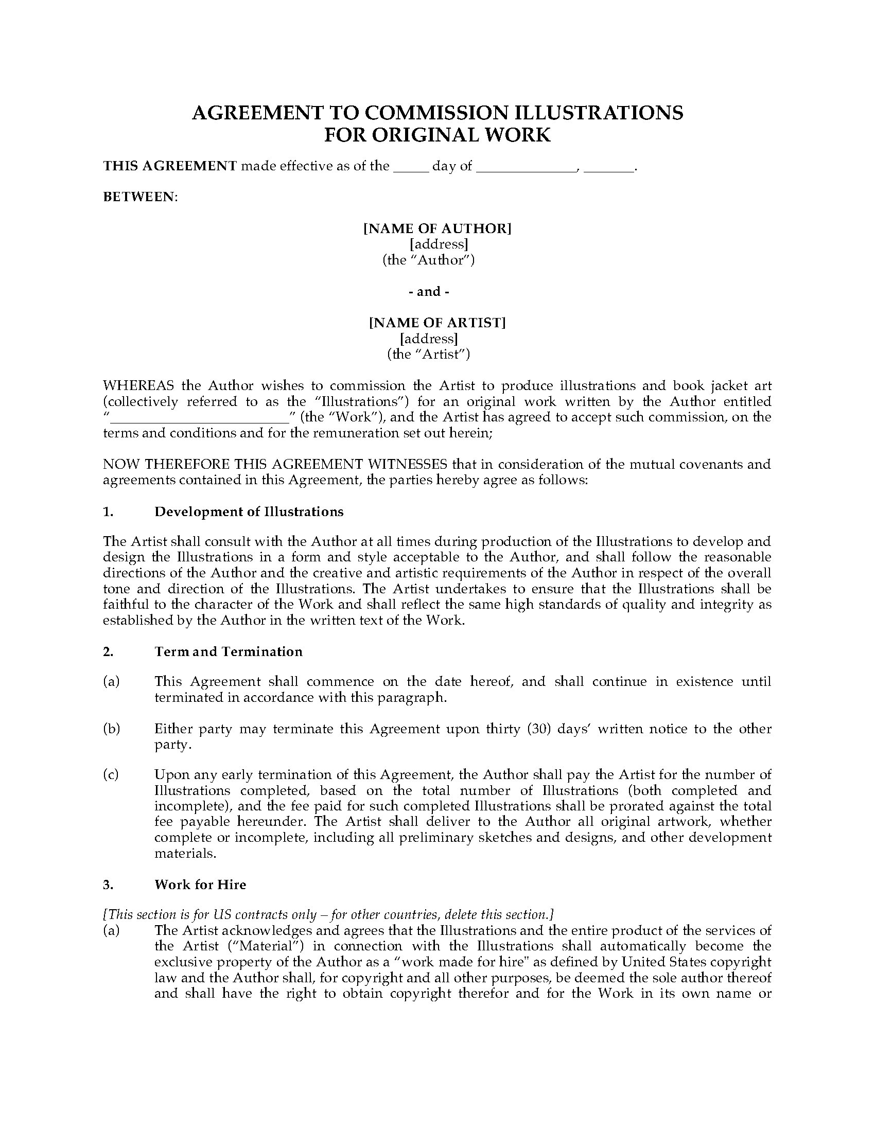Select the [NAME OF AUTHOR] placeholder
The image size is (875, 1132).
click(x=437, y=228)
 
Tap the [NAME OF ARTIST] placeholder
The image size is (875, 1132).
click(x=437, y=323)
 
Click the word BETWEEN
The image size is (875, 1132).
click(x=139, y=197)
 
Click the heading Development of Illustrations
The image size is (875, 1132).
click(x=249, y=512)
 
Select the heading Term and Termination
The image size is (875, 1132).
click(x=228, y=651)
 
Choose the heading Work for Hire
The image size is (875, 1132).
click(x=200, y=885)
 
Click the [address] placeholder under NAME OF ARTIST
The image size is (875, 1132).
click(x=429, y=339)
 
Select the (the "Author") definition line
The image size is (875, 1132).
click(x=429, y=260)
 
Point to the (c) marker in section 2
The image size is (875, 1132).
click(x=111, y=775)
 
